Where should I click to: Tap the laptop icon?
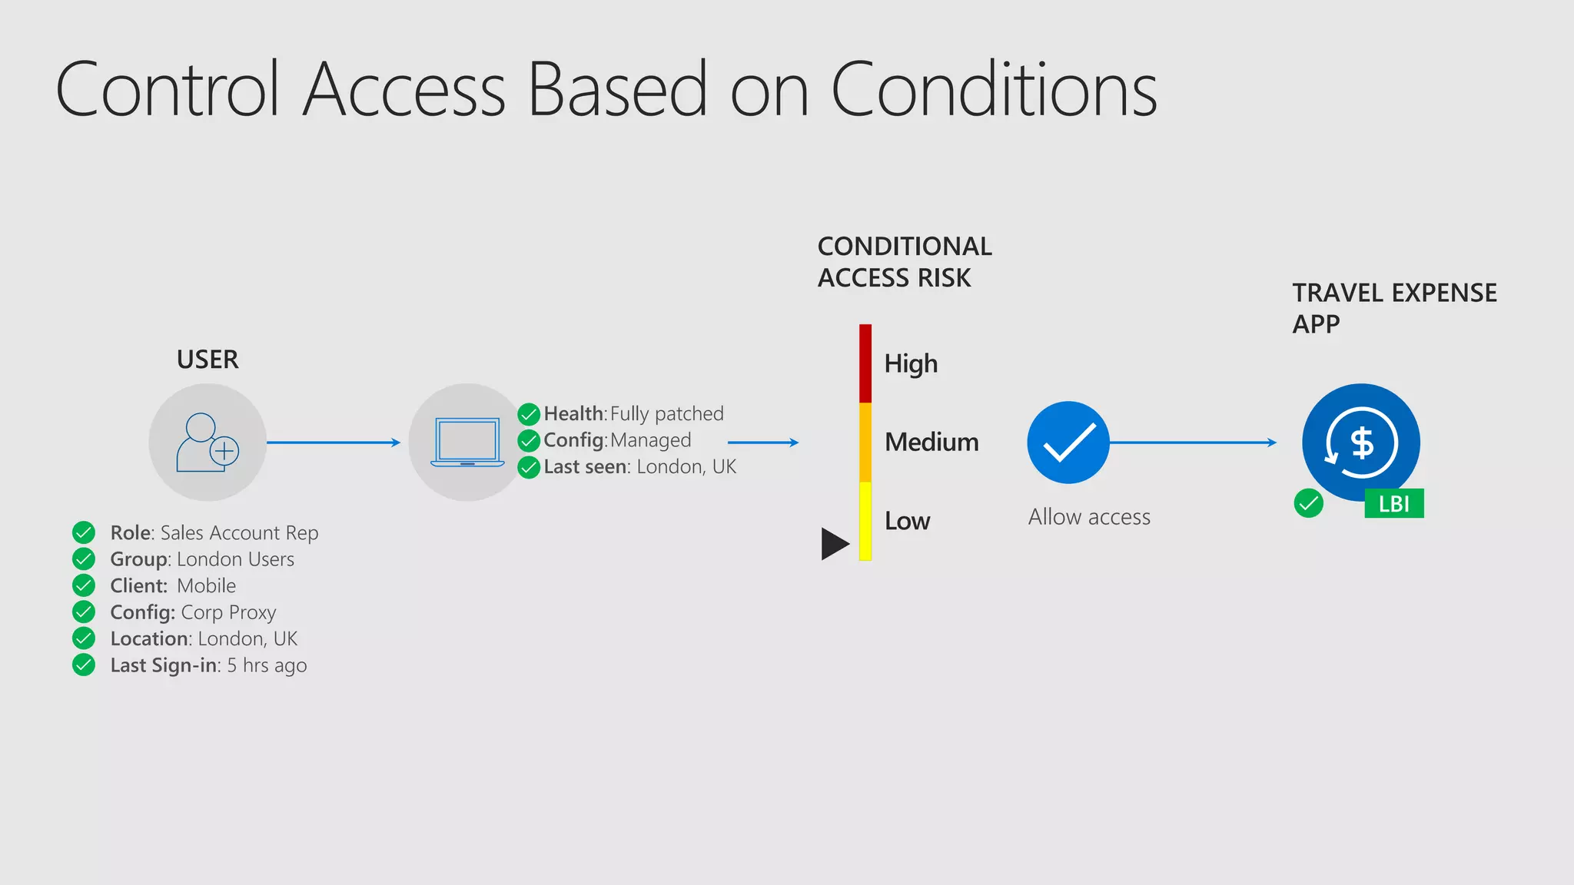(467, 442)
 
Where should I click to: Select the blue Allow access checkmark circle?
(1068, 442)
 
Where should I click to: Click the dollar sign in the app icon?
(1362, 443)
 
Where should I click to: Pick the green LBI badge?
(1393, 504)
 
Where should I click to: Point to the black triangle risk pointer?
(834, 544)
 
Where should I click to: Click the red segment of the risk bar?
(865, 363)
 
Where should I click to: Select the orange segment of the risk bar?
(865, 442)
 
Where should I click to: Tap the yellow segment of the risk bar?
(865, 521)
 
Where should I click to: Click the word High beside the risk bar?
(911, 363)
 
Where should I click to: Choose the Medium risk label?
(931, 442)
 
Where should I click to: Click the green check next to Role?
(84, 532)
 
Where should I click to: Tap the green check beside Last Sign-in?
(84, 665)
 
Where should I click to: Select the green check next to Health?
(529, 414)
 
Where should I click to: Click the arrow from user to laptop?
(334, 442)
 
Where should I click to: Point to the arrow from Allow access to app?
(1193, 442)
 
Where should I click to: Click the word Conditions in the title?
(994, 90)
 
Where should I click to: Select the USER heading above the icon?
(208, 360)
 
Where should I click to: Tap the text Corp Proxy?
(228, 612)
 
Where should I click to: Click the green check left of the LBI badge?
(1308, 504)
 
